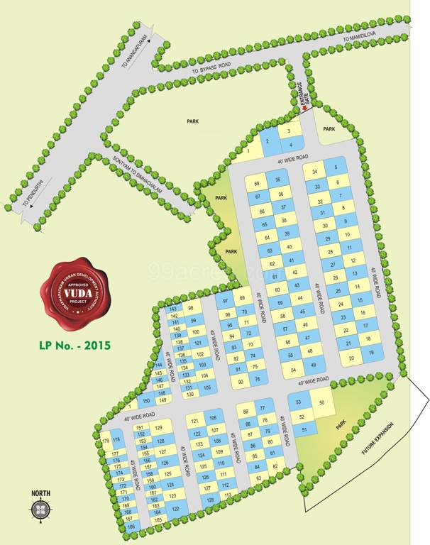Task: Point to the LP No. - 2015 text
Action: point(74,348)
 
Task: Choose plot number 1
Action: point(249,149)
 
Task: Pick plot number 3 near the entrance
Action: point(288,131)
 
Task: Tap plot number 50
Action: point(322,402)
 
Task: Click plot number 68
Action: point(258,183)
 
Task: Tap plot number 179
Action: point(106,441)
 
